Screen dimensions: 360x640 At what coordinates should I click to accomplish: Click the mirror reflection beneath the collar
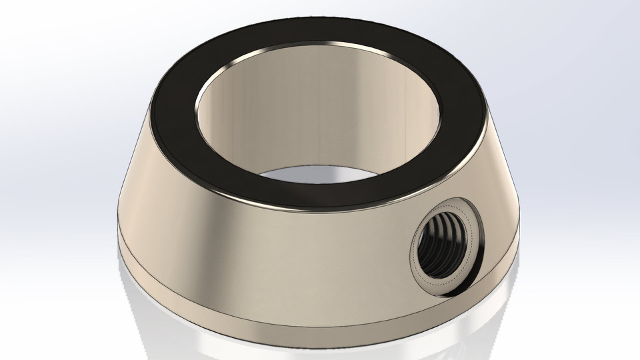point(320,343)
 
